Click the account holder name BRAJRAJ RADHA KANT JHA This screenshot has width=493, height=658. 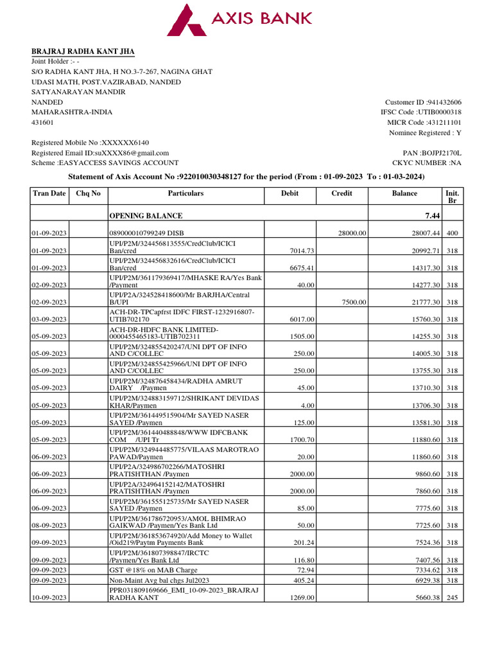point(83,51)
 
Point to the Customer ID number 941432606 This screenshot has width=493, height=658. point(444,102)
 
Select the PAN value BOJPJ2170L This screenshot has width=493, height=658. point(440,153)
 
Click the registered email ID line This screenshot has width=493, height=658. point(100,153)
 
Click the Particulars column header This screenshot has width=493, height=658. point(186,193)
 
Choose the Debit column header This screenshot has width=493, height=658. point(290,193)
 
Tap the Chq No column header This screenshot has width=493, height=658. point(88,193)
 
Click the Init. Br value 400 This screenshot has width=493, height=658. point(452,233)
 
